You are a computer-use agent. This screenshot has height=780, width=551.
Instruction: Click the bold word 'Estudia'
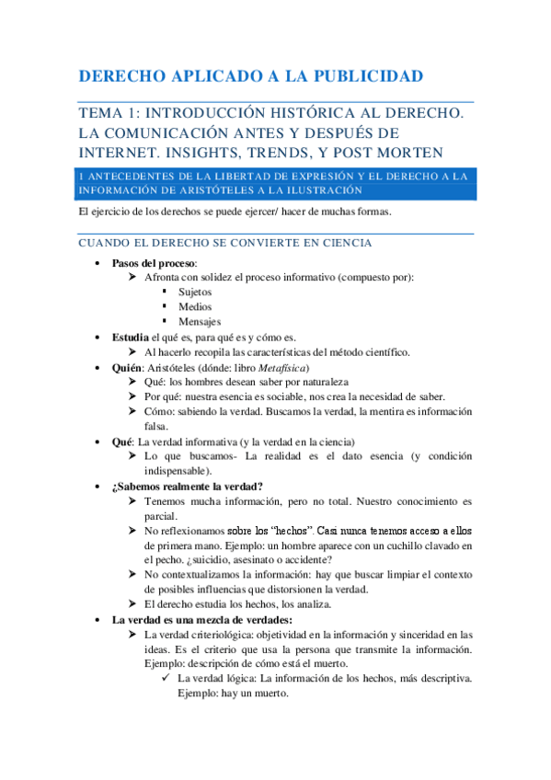click(131, 338)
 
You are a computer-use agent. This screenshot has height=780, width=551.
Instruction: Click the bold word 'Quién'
click(128, 367)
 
